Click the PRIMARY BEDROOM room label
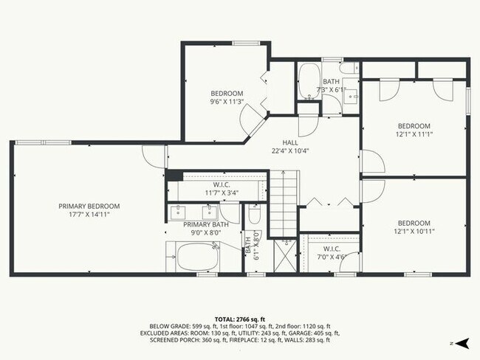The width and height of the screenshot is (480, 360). point(89,206)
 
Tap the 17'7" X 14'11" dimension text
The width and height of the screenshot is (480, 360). point(89,215)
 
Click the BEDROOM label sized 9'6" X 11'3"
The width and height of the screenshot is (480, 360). point(227,93)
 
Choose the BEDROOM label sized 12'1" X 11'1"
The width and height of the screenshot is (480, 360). point(414,125)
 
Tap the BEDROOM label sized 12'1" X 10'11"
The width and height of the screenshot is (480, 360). point(414,223)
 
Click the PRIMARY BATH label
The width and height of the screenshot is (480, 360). point(206,224)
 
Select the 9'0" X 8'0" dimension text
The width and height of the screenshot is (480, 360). point(206,233)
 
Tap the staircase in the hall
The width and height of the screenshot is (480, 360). point(283,203)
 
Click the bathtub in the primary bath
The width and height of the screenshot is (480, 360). point(196,258)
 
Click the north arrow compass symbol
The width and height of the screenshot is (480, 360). point(462,343)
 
